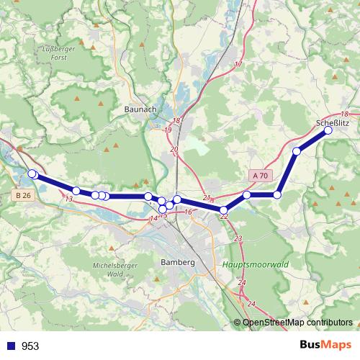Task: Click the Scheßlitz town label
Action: coord(333,123)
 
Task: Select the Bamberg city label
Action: coord(179,263)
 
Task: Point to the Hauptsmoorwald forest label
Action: coord(256,264)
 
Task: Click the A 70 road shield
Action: coord(261,176)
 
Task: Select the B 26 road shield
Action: coord(23,195)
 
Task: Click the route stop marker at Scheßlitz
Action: coord(328,130)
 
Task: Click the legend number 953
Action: coord(30,346)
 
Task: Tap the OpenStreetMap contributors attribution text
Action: coord(297,323)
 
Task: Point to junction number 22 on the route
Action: coord(224,215)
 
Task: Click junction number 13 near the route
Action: coord(69,199)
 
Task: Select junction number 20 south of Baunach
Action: coord(174,148)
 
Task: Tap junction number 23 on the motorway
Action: coord(238,238)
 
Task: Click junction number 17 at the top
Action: coord(238,64)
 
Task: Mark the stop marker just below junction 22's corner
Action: coord(224,210)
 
